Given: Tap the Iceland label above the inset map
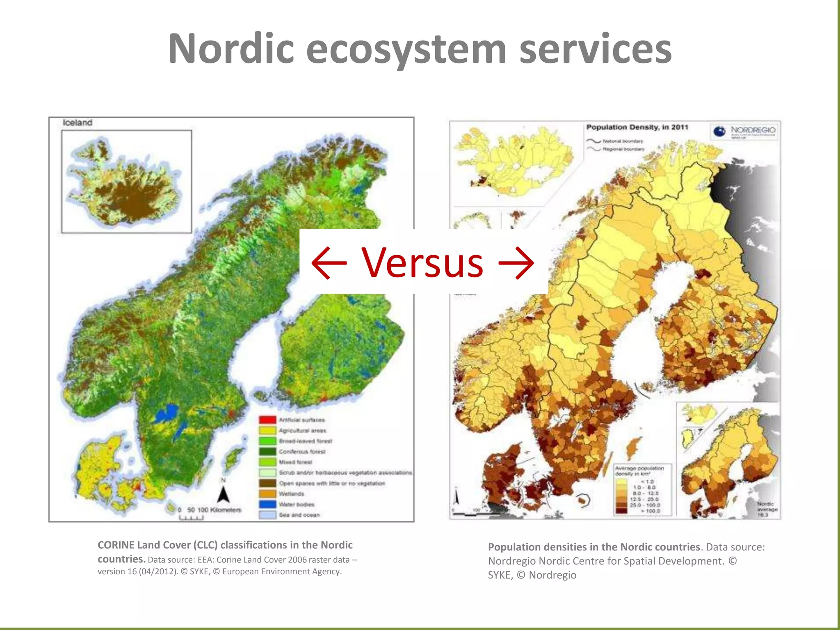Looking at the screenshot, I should click(78, 123).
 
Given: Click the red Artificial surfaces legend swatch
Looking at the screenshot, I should click(267, 420).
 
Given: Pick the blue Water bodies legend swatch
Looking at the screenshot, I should click(267, 504).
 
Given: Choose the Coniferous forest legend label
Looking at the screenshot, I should click(302, 452).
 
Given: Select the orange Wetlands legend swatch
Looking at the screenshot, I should click(267, 494).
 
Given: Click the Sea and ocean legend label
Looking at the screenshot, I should click(299, 515).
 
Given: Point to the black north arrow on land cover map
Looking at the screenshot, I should click(223, 494).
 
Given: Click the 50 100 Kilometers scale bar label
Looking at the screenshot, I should click(214, 510).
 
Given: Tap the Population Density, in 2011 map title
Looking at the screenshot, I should click(637, 127).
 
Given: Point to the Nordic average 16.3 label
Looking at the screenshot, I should click(767, 509).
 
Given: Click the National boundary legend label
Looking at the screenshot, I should click(623, 141).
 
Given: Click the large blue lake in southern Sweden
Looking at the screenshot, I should click(167, 413).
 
